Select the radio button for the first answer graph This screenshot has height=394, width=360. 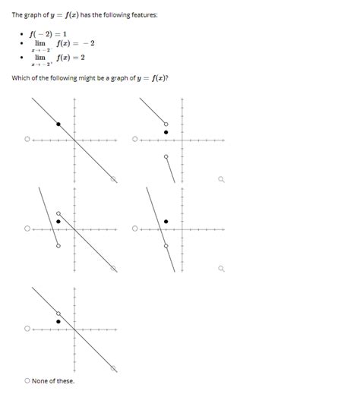(27, 140)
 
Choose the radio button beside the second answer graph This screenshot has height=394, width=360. (135, 140)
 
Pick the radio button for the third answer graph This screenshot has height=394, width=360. (27, 229)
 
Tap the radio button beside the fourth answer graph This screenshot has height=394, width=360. (135, 229)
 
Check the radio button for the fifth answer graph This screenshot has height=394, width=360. (27, 329)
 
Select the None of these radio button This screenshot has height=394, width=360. (27, 380)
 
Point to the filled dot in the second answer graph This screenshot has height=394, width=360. (167, 132)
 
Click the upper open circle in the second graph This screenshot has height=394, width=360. (167, 124)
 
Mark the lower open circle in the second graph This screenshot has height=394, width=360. (166, 156)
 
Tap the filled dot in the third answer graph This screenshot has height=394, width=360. (58, 221)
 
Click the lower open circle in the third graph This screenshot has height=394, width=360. (58, 244)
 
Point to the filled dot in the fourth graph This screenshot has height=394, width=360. (166, 221)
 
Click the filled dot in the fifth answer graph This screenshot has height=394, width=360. (58, 321)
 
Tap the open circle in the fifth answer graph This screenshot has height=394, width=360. (58, 313)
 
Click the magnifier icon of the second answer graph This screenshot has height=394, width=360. (221, 180)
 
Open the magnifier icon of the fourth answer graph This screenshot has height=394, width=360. (221, 269)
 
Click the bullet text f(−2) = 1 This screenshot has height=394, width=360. (48, 34)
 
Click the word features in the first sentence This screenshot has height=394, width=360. (143, 15)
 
